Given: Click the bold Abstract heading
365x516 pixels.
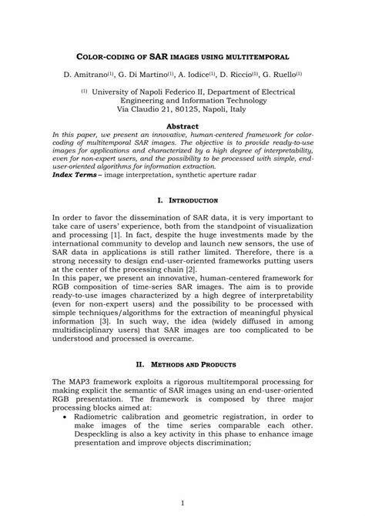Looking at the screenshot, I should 182,126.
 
